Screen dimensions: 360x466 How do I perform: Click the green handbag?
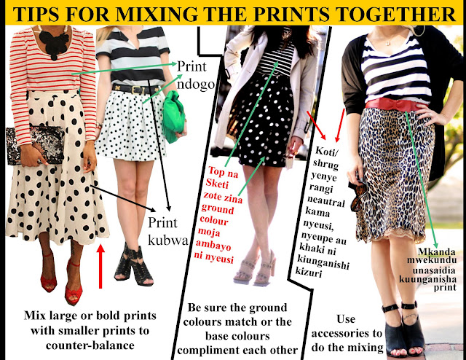click(173, 117)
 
